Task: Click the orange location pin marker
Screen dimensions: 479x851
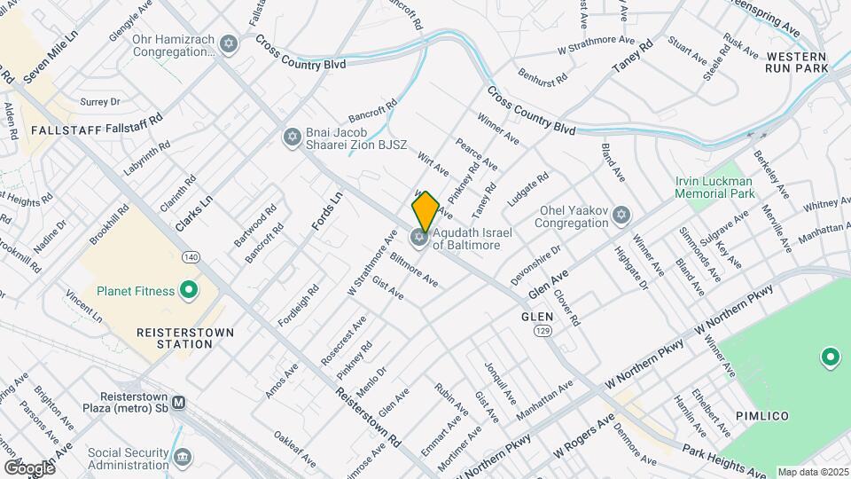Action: point(425,211)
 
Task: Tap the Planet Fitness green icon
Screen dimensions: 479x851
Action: point(188,290)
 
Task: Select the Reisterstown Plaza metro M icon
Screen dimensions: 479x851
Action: point(179,402)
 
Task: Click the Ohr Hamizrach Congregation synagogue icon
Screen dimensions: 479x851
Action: point(230,44)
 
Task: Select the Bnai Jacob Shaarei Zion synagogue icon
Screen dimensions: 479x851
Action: point(292,137)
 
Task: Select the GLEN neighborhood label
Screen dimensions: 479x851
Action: point(537,316)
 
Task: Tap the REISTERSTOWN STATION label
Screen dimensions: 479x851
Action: point(185,337)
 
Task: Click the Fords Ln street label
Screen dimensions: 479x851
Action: point(327,213)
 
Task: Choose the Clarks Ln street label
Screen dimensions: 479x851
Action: point(194,214)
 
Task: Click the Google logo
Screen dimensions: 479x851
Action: point(29,467)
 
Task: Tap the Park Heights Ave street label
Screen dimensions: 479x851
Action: point(725,462)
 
